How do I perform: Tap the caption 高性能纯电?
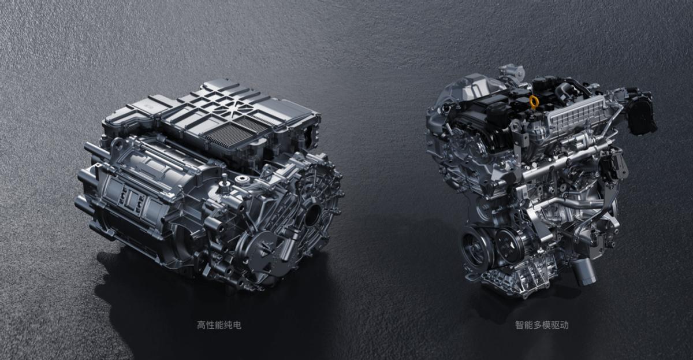[x=219, y=325]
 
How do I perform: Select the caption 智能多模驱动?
[x=542, y=325]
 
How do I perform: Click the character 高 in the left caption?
[x=202, y=325]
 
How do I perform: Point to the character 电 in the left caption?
[x=237, y=325]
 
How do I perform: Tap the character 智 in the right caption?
[x=519, y=325]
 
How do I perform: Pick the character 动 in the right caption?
[x=564, y=325]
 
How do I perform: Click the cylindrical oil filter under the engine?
[x=583, y=272]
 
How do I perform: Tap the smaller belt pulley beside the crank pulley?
[x=509, y=246]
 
